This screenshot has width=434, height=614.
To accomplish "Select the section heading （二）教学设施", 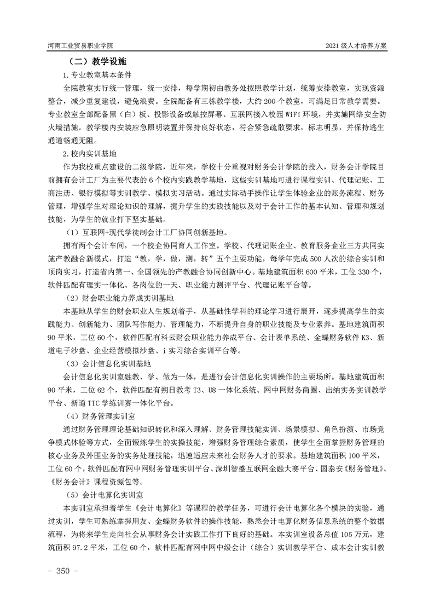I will point(96,62).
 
